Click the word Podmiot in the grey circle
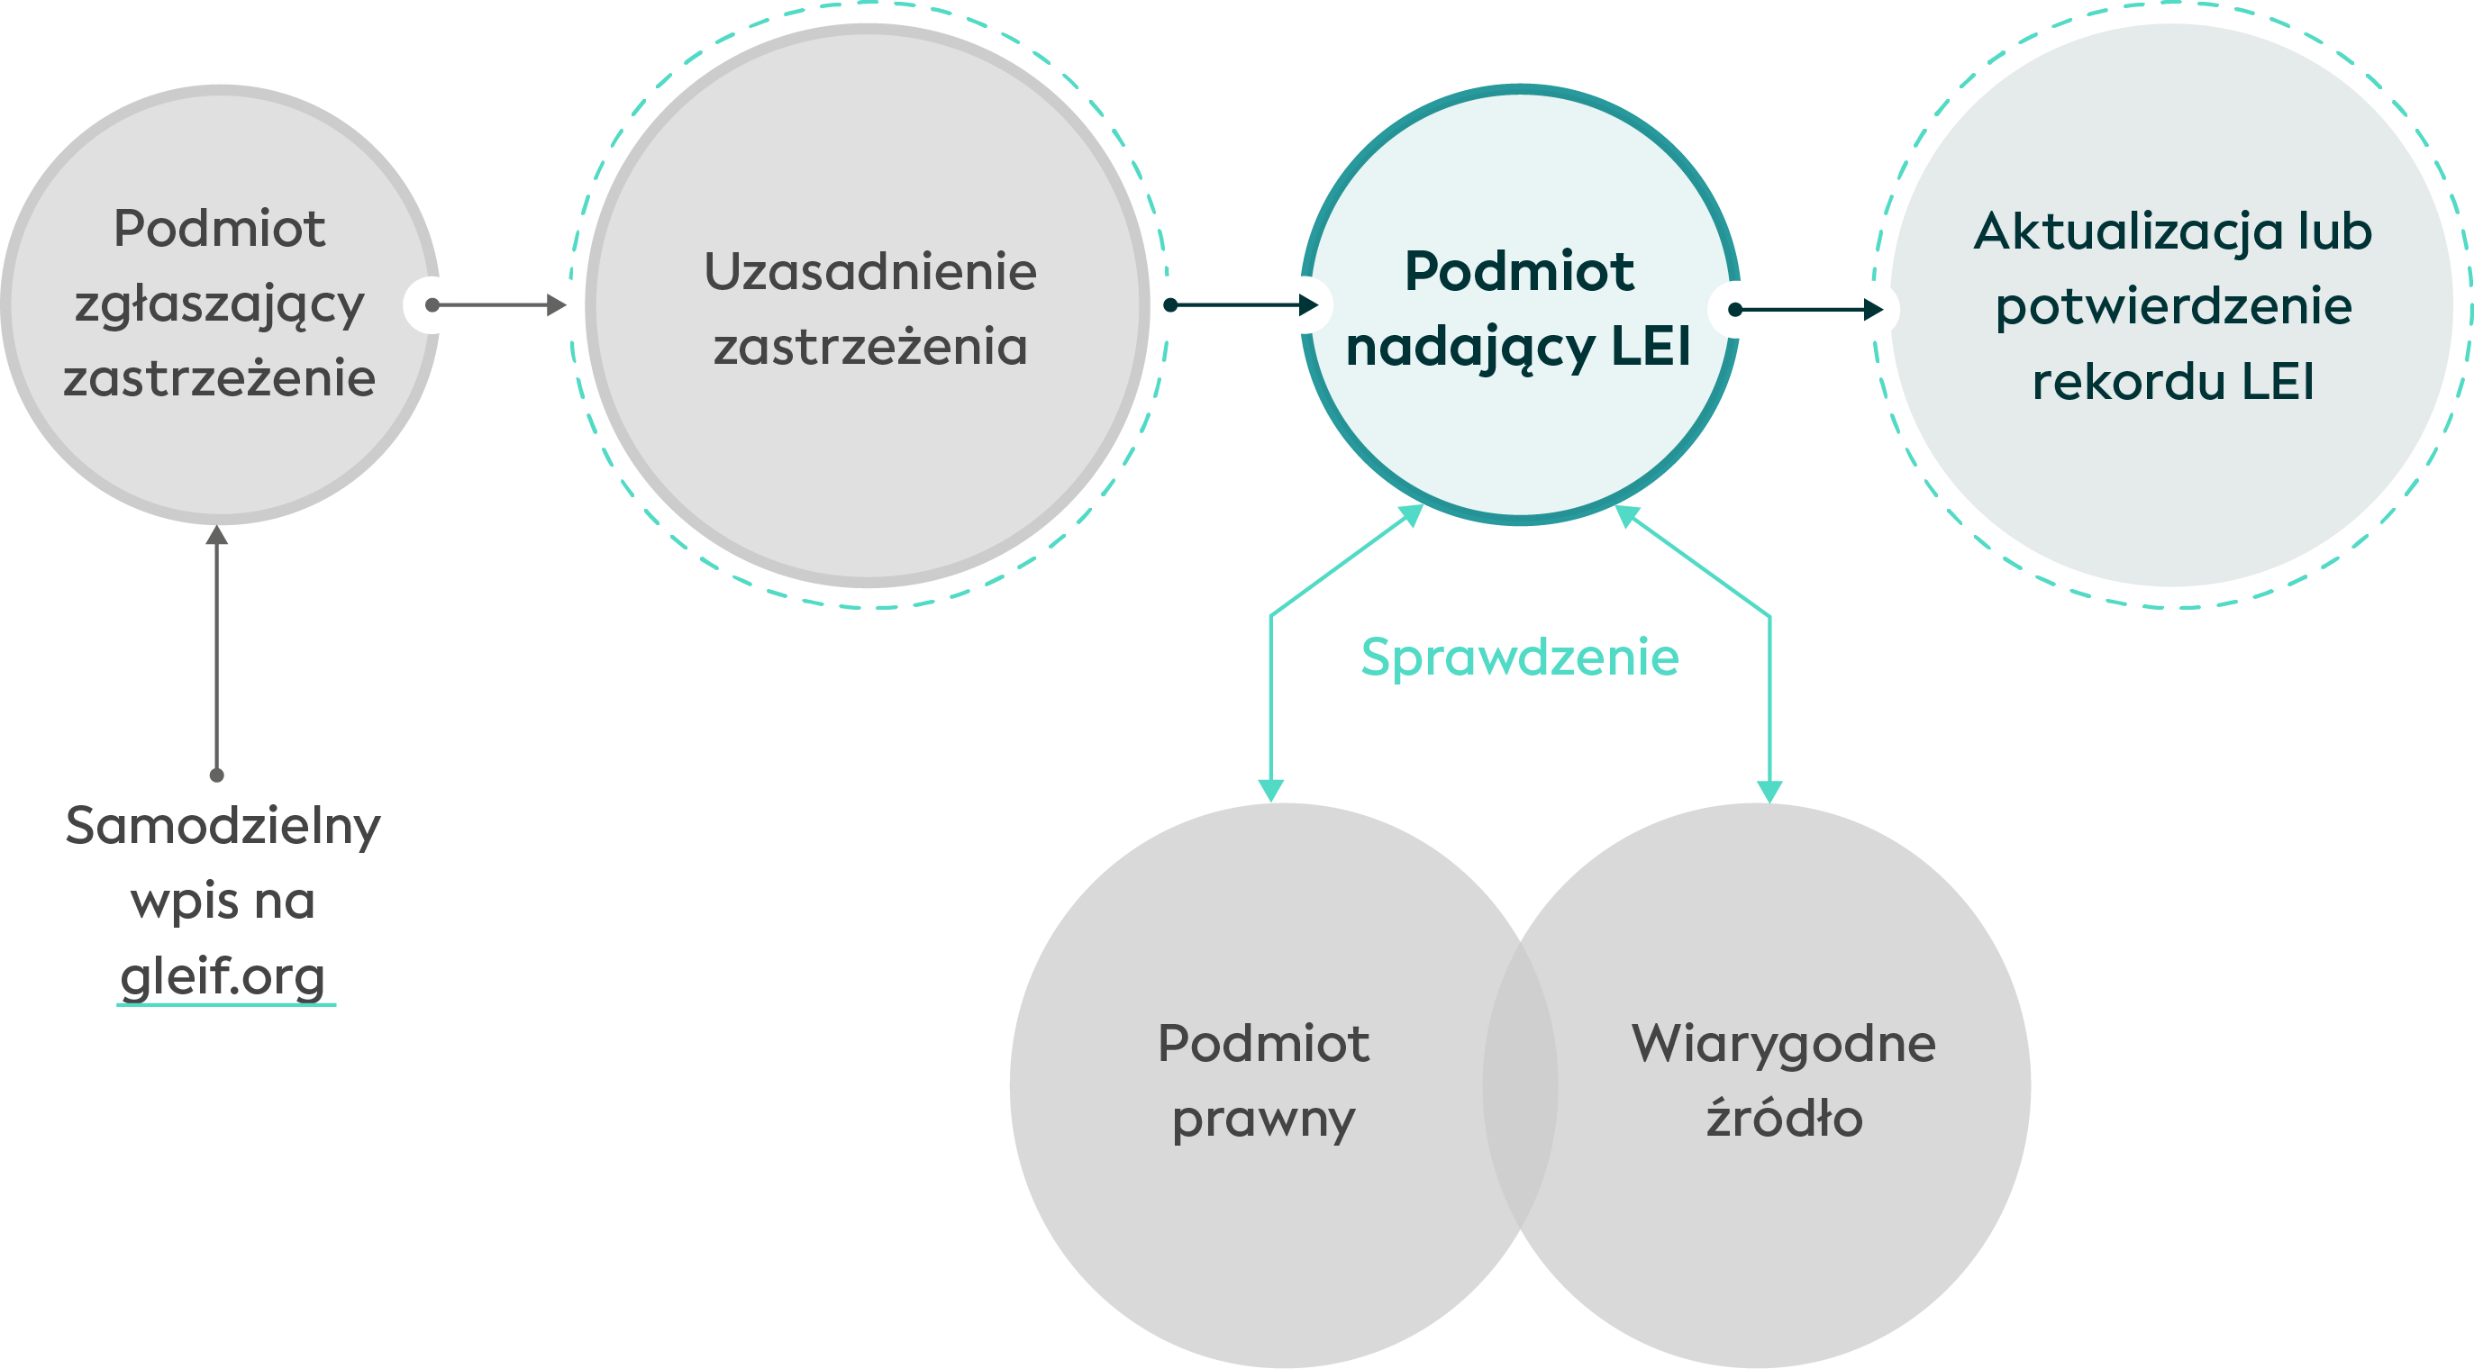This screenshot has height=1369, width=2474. pos(219,229)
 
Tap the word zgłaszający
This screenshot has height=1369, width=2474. pos(219,305)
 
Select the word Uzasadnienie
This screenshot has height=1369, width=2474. pos(870,272)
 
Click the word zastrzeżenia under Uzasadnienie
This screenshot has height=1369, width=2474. pos(870,347)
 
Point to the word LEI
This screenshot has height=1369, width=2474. pos(1650,347)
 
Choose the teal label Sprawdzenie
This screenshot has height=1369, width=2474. pos(1519,657)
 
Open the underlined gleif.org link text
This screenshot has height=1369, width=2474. pos(223,977)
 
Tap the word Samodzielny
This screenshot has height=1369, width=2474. pos(223,826)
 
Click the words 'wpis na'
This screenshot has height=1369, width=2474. pos(223,902)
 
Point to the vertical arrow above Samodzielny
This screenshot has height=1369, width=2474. pos(217,653)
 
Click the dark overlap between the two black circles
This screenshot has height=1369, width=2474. pos(1519,1084)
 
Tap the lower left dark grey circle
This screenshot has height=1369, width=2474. pos(1249,1084)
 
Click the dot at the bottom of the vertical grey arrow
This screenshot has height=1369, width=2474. pos(217,775)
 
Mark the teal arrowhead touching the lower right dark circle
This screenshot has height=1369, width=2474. pos(1769,791)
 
